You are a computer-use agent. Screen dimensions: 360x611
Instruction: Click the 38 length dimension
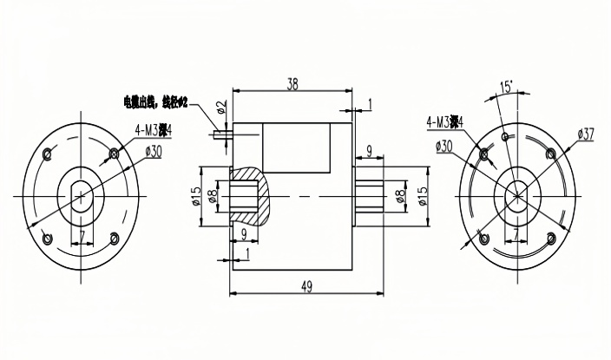pyautogui.click(x=292, y=84)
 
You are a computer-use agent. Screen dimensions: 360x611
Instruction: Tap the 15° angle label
pyautogui.click(x=506, y=87)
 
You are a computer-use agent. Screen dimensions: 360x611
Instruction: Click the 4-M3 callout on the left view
pyautogui.click(x=153, y=130)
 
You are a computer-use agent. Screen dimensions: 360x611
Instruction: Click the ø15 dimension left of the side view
pyautogui.click(x=197, y=197)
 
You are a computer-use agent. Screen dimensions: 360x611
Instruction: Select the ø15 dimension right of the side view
pyautogui.click(x=424, y=197)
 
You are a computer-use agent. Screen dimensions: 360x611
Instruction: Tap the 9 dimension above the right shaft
pyautogui.click(x=370, y=151)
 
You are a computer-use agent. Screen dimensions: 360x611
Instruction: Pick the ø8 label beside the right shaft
pyautogui.click(x=399, y=197)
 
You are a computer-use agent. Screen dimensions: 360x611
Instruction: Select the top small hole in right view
pyautogui.click(x=506, y=136)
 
